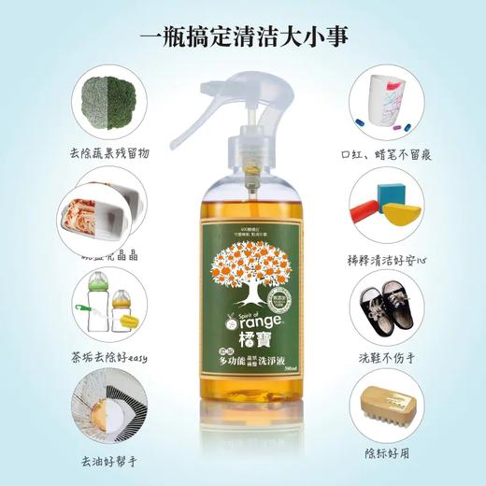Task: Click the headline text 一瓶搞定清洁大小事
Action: (x=243, y=37)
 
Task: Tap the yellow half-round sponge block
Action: (x=403, y=213)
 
